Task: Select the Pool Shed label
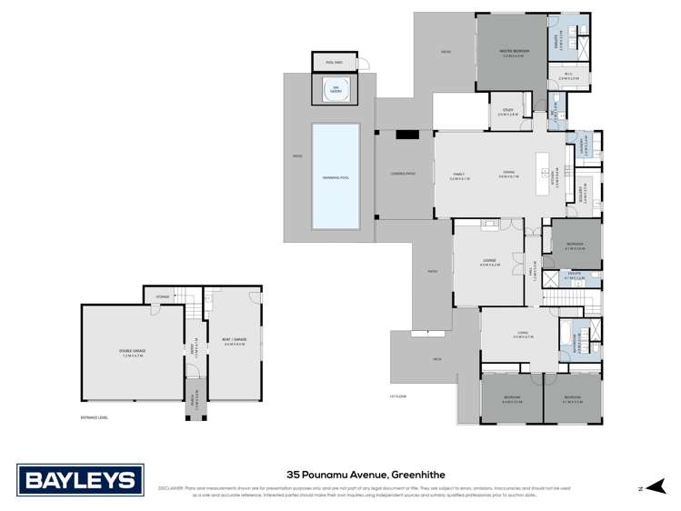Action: pos(329,62)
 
